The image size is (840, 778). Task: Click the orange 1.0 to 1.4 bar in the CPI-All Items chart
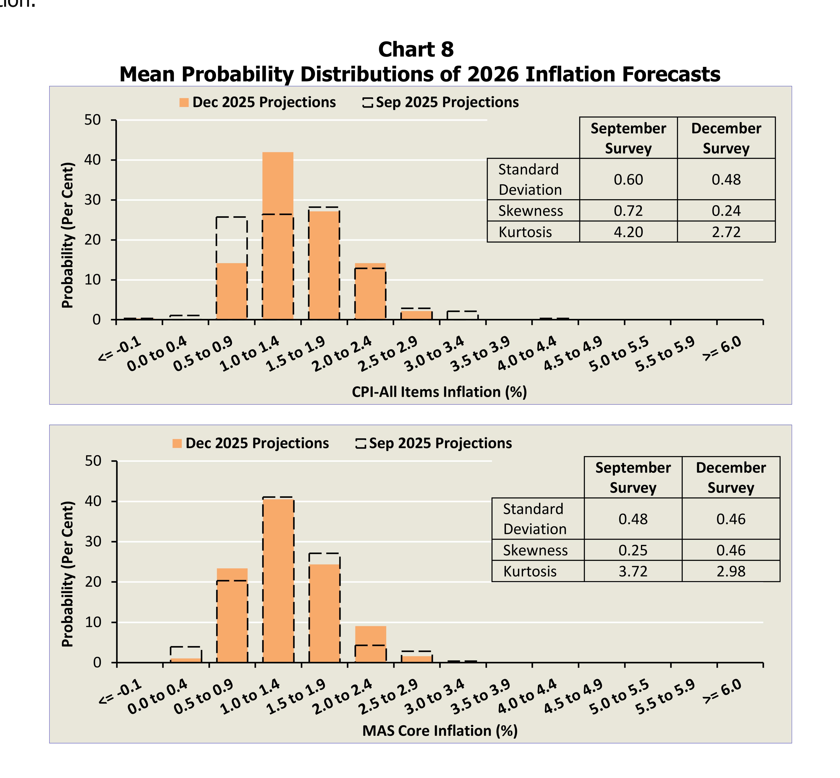pyautogui.click(x=277, y=236)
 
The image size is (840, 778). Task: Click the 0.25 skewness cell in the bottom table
pyautogui.click(x=633, y=550)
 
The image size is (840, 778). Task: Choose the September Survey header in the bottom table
pyautogui.click(x=633, y=477)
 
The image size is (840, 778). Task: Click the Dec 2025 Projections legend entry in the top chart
pyautogui.click(x=258, y=102)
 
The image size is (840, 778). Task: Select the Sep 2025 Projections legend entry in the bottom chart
pyautogui.click(x=434, y=443)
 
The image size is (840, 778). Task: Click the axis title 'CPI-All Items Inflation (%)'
pyautogui.click(x=439, y=392)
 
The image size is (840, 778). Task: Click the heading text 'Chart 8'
pyautogui.click(x=416, y=49)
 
